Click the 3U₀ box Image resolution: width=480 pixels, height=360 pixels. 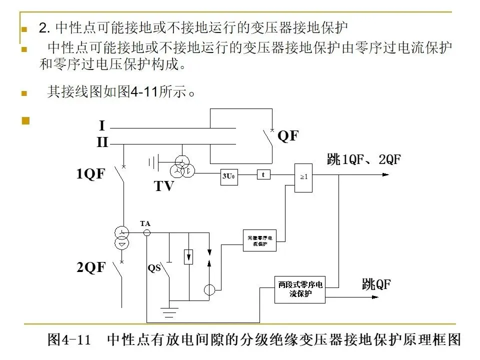(x=228, y=176)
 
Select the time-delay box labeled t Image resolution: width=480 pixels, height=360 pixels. (x=263, y=174)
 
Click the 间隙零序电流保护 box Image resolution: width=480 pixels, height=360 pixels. (x=259, y=240)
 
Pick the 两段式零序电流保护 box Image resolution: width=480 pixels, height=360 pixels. (x=300, y=289)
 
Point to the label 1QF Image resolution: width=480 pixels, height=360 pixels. (x=91, y=174)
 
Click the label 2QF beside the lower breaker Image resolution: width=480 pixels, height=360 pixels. (x=91, y=267)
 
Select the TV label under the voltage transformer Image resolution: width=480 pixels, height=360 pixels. (x=164, y=186)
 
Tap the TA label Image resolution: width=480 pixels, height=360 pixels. (x=145, y=223)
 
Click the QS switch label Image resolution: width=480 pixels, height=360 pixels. (x=154, y=267)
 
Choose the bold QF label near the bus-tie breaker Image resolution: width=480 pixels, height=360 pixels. (x=287, y=135)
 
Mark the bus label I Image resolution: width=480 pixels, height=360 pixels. (x=101, y=125)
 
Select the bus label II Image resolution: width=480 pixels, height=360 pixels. (x=102, y=142)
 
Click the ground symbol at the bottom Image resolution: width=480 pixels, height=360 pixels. (x=171, y=312)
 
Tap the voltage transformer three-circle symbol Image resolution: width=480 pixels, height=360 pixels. (x=182, y=166)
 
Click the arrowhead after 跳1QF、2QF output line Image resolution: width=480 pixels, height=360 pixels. (x=385, y=174)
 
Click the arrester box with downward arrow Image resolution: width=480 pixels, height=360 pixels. (x=189, y=256)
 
